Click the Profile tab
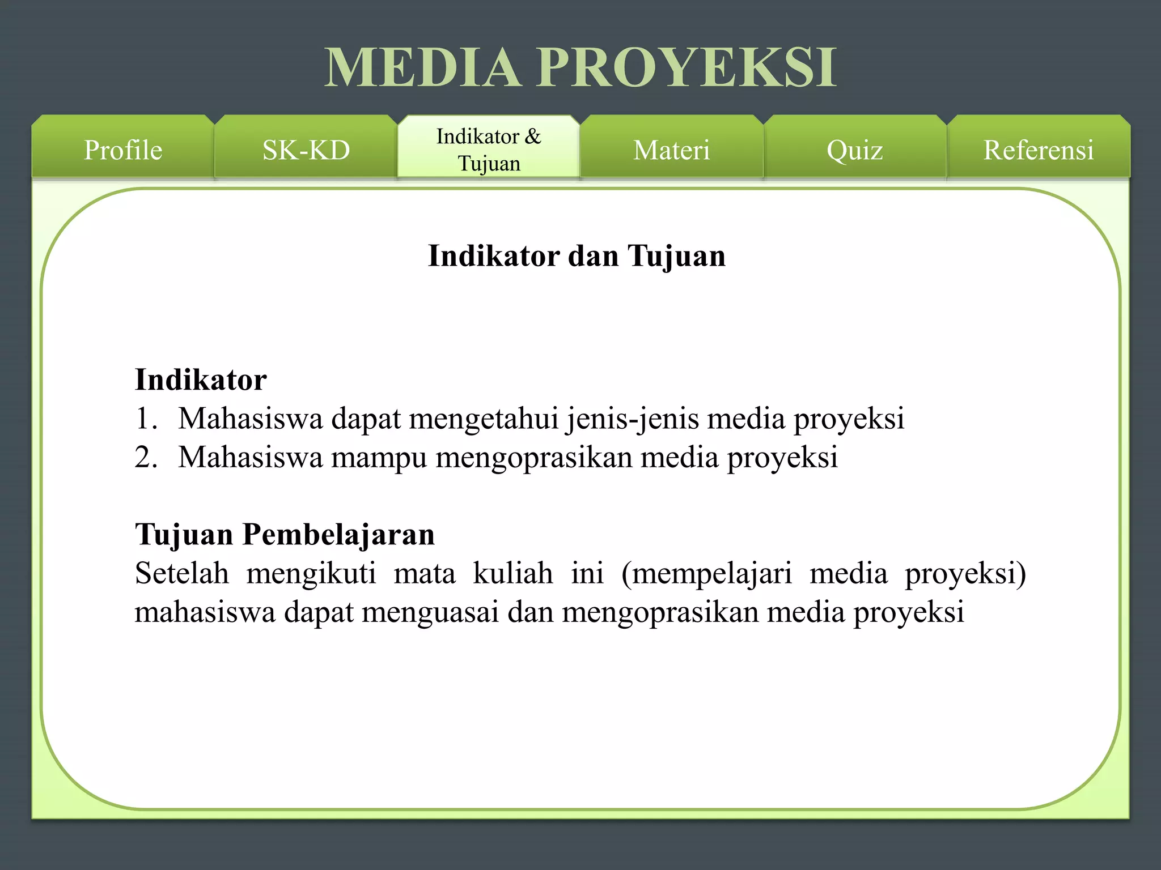(122, 150)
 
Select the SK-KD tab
(306, 150)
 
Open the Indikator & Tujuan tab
(489, 150)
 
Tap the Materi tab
(671, 150)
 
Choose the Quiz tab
(854, 150)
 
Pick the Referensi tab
(1038, 150)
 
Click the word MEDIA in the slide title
(423, 67)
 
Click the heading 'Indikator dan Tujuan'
(577, 255)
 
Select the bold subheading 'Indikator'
(201, 379)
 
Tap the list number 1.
(145, 419)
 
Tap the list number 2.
(145, 457)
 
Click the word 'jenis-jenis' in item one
(632, 419)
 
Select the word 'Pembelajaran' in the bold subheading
(338, 534)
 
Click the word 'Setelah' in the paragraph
(182, 573)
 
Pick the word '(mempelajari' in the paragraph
(706, 574)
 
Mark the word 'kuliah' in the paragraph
(512, 573)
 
